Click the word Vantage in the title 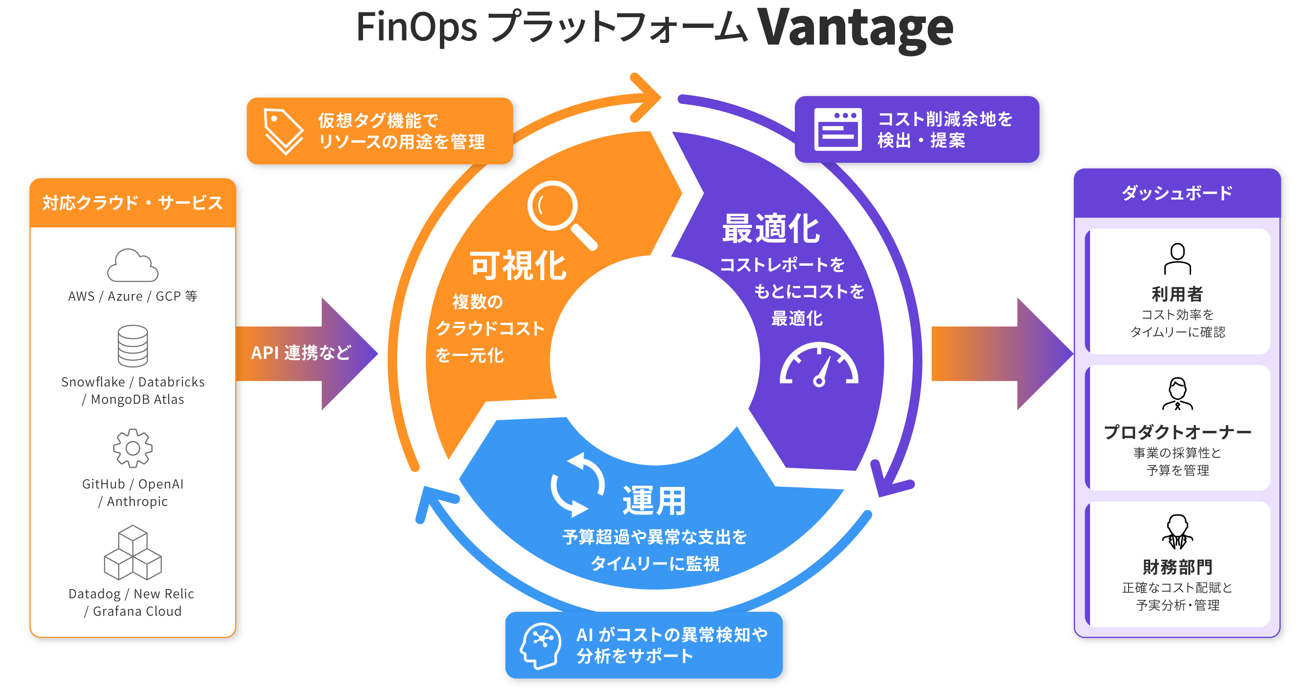pos(855,28)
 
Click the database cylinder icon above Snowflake pos(133,346)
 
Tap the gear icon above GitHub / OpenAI pos(133,448)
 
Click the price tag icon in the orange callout pos(283,131)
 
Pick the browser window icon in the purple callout pos(838,129)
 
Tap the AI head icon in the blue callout pos(540,645)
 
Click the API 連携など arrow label pos(301,352)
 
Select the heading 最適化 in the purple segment pos(771,229)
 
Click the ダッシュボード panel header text pos(1177,193)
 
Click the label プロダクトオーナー pos(1177,433)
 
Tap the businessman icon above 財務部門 pos(1177,532)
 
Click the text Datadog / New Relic pos(131,594)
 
